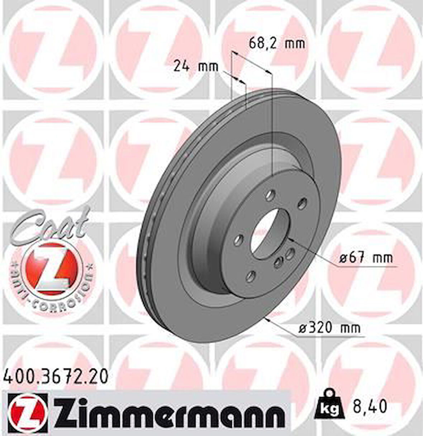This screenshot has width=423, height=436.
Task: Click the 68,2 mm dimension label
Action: tap(277, 44)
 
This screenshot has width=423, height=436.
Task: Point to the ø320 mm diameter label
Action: tap(329, 327)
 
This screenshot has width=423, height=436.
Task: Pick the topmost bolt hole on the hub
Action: tap(268, 195)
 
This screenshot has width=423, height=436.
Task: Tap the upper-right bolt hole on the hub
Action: tap(302, 202)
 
